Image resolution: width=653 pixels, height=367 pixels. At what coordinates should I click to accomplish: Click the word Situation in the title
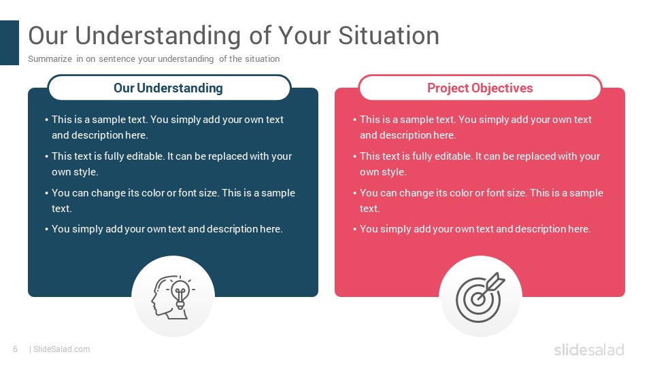point(388,35)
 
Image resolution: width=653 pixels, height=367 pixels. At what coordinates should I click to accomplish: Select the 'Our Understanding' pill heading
point(169,88)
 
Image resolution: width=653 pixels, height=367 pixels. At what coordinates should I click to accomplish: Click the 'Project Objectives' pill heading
point(480,88)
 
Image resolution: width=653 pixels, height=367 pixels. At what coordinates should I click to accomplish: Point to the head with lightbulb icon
point(172,297)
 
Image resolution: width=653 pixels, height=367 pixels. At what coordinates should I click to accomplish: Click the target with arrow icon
point(480,297)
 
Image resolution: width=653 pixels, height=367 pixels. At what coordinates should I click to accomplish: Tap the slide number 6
point(16,349)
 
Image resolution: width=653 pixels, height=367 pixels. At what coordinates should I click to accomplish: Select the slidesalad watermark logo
point(589,349)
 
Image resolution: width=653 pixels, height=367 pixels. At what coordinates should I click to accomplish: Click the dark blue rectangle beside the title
point(9,42)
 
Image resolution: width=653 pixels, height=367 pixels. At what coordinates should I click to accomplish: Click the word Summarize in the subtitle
point(50,59)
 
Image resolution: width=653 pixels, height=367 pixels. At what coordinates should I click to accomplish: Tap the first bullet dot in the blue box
point(47,120)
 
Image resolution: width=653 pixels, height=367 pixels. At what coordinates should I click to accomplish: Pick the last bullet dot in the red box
point(355,229)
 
